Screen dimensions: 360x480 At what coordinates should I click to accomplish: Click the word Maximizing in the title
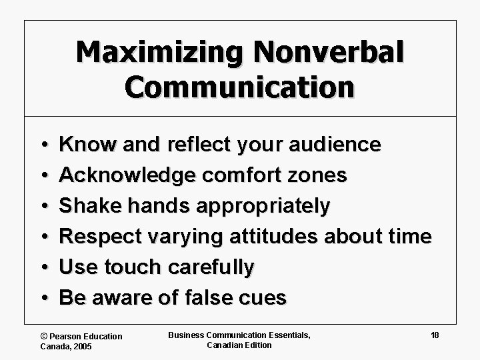(153, 54)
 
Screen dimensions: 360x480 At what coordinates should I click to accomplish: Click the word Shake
(85, 206)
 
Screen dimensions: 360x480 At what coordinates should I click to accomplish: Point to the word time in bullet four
(409, 237)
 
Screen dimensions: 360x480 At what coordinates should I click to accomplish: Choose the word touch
(131, 267)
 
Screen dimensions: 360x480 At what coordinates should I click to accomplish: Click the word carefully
(211, 268)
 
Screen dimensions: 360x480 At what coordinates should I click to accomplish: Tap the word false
(213, 298)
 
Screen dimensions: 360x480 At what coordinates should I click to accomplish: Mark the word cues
(265, 298)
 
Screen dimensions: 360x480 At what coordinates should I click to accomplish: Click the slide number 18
(434, 335)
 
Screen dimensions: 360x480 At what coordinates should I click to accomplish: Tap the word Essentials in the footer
(287, 335)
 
